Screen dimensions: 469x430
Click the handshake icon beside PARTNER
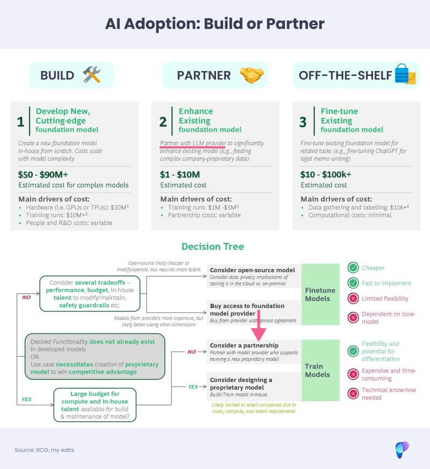click(252, 75)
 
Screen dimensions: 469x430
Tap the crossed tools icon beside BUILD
click(92, 75)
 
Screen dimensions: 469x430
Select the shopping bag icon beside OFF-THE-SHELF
click(405, 75)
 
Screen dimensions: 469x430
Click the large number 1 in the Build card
click(20, 122)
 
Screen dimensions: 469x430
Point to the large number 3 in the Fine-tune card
click(303, 122)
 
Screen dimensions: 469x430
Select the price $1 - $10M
click(180, 174)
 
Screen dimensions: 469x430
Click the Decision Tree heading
click(213, 247)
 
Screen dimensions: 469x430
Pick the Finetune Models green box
click(320, 294)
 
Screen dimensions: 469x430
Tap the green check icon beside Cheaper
click(353, 268)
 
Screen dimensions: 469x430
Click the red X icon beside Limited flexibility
click(353, 299)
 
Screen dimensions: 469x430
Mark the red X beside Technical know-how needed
click(353, 393)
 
